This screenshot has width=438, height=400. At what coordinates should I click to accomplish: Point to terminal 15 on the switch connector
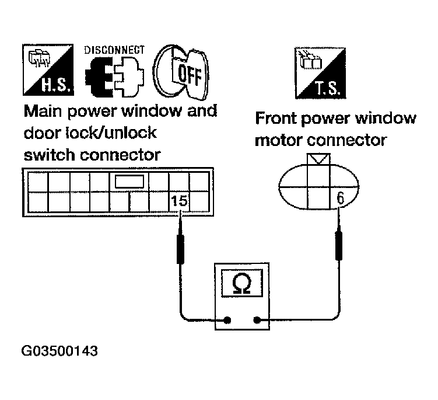pyautogui.click(x=180, y=201)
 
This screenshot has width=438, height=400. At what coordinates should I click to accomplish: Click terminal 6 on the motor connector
pyautogui.click(x=339, y=199)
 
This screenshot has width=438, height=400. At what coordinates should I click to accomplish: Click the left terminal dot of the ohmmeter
pyautogui.click(x=227, y=319)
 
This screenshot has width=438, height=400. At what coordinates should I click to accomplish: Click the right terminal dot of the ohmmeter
pyautogui.click(x=257, y=319)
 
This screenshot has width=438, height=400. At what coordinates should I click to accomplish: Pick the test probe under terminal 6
pyautogui.click(x=338, y=245)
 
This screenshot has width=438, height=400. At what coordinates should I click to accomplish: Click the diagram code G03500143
pyautogui.click(x=60, y=352)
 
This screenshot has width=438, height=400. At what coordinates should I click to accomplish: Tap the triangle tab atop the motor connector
pyautogui.click(x=320, y=158)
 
